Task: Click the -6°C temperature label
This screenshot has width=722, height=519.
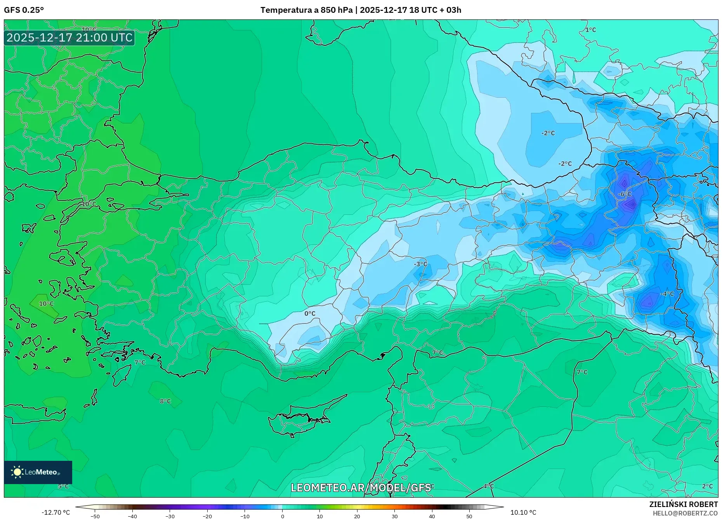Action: [x=625, y=194]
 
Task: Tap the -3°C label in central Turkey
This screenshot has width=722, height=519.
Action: [x=420, y=264]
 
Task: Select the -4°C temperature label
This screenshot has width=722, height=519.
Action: [x=667, y=294]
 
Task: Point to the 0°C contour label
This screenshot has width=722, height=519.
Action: [x=310, y=313]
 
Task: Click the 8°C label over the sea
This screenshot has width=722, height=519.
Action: [x=165, y=401]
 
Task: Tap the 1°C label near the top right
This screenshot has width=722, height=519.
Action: [x=590, y=30]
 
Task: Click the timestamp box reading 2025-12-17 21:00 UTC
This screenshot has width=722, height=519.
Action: [x=69, y=38]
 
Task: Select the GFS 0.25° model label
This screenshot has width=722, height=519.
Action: [x=24, y=10]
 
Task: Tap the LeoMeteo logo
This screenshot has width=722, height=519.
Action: [x=38, y=472]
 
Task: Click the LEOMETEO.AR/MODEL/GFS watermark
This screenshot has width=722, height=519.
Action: [x=361, y=488]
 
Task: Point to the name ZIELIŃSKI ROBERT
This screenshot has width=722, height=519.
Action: [x=683, y=504]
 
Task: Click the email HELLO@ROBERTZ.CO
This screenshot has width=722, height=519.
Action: [x=685, y=513]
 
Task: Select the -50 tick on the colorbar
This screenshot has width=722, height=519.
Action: [x=95, y=516]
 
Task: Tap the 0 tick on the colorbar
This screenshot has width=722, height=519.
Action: [x=283, y=516]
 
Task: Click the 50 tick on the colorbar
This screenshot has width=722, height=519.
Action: [x=469, y=516]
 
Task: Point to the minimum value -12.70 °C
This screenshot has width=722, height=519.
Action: [x=56, y=512]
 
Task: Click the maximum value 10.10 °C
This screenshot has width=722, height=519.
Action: [x=523, y=512]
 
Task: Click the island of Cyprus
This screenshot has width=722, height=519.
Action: [x=303, y=419]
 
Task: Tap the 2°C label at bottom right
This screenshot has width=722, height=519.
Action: [x=707, y=486]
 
